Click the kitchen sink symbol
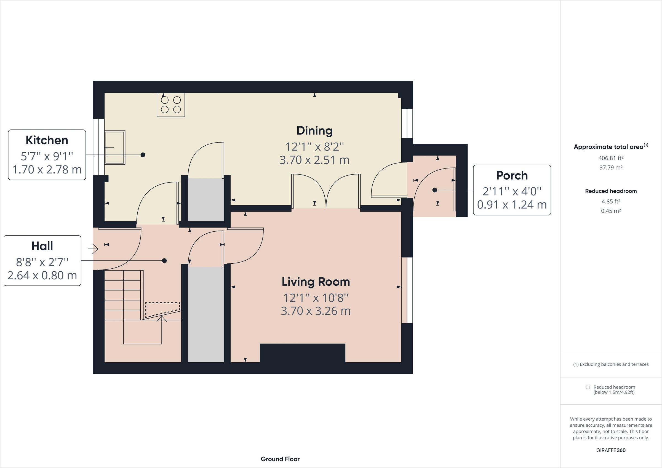click(115, 147)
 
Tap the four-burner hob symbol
click(171, 105)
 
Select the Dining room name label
click(314, 131)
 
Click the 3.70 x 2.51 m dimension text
click(314, 160)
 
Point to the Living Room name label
click(316, 282)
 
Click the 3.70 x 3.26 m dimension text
click(316, 311)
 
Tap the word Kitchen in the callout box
click(47, 140)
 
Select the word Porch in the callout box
click(512, 175)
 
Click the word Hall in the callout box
click(42, 246)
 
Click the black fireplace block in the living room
click(303, 353)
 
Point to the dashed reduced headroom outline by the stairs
click(162, 309)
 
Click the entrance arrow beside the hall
click(94, 248)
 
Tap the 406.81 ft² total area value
click(611, 158)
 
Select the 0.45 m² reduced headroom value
click(611, 211)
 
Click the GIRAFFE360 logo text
click(611, 450)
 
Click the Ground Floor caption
click(280, 459)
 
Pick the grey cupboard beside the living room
click(205, 314)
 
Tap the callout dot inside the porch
click(435, 190)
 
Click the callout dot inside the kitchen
click(143, 155)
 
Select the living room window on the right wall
click(407, 290)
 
